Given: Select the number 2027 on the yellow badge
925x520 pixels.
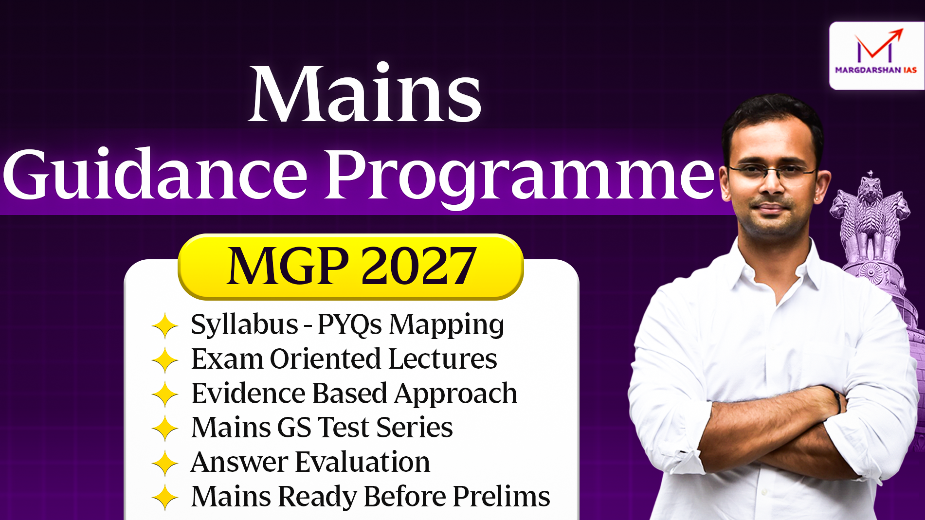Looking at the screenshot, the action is click(x=418, y=266).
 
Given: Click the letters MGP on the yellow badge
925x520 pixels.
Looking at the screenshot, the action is click(x=288, y=266).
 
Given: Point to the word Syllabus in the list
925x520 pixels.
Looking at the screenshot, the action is click(x=244, y=325).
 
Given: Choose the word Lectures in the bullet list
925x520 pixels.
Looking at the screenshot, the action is click(x=443, y=359).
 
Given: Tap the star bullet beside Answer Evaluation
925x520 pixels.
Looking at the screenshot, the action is click(x=165, y=463).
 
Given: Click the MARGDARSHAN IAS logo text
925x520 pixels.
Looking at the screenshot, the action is click(x=876, y=70).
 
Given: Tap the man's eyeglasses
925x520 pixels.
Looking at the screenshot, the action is click(x=772, y=170).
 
